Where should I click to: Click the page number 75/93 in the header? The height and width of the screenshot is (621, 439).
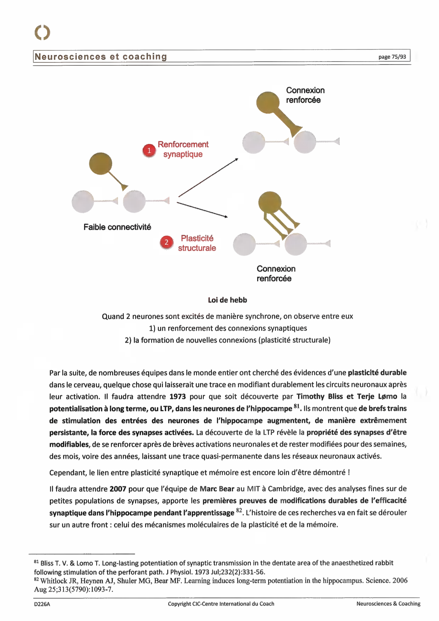point(392,57)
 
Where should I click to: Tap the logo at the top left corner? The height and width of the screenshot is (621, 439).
point(42,32)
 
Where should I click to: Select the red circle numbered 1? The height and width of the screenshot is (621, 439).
point(149,151)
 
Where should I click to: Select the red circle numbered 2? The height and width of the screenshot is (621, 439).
point(166,242)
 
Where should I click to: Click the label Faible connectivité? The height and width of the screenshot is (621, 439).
point(117,227)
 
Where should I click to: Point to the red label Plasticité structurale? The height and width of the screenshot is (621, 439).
point(197,243)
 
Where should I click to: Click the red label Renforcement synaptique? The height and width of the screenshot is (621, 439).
point(183,149)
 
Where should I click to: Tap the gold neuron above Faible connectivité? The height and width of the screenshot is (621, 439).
point(101,164)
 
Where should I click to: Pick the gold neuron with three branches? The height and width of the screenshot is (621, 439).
point(270,203)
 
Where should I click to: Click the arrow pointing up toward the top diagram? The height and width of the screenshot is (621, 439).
point(208,177)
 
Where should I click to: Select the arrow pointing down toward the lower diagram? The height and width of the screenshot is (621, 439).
point(202,210)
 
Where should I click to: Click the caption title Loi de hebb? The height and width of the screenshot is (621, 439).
point(227,300)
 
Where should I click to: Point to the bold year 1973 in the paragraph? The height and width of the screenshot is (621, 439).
point(177,397)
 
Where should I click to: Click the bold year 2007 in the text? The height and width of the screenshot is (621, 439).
point(118,489)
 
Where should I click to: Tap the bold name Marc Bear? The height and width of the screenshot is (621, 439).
point(217,489)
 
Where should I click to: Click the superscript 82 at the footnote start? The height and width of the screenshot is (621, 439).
point(36,579)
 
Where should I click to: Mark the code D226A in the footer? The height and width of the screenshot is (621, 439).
point(42,604)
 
